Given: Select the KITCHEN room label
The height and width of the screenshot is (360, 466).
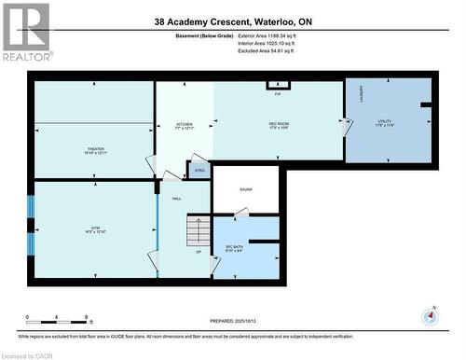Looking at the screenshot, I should click(x=185, y=125).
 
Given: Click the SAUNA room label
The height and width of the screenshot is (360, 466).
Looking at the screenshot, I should click(x=246, y=189).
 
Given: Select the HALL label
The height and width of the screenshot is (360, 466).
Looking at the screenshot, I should click(x=175, y=199).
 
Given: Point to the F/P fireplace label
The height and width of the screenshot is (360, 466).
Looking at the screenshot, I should click(x=278, y=93).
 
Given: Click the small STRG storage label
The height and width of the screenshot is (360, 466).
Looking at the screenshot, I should click(x=199, y=171).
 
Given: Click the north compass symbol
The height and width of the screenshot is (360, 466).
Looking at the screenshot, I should click(x=429, y=316).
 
